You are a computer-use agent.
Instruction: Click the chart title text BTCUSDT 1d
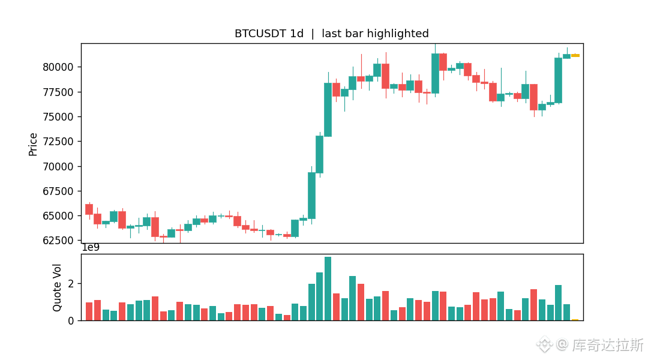[x=269, y=34]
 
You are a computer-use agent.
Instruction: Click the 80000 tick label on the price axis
[x=58, y=67]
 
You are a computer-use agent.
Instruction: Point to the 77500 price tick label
[x=58, y=92]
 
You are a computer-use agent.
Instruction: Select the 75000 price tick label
[x=58, y=117]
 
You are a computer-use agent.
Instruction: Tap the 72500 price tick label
[x=58, y=142]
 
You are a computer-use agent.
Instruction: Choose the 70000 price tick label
[x=58, y=167]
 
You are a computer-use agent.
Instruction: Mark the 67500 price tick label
[x=58, y=191]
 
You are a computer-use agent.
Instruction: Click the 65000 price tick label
[x=58, y=216]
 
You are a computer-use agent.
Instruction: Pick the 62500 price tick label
[x=58, y=241]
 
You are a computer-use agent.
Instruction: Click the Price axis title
[x=32, y=144]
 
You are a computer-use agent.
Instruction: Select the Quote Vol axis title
[x=57, y=287]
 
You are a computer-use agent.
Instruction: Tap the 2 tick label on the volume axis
[x=71, y=284]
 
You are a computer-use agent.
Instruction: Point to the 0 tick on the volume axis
[x=71, y=321]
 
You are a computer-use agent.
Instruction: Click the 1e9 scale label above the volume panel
[x=91, y=248]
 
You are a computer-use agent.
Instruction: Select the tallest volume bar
[x=328, y=289]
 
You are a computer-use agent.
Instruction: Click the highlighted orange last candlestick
[x=575, y=55]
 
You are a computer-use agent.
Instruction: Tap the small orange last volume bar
[x=575, y=320]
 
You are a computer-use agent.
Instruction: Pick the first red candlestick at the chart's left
[x=89, y=209]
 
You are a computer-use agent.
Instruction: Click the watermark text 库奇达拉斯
[x=607, y=345]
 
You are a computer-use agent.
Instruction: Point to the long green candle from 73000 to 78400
[x=328, y=110]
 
